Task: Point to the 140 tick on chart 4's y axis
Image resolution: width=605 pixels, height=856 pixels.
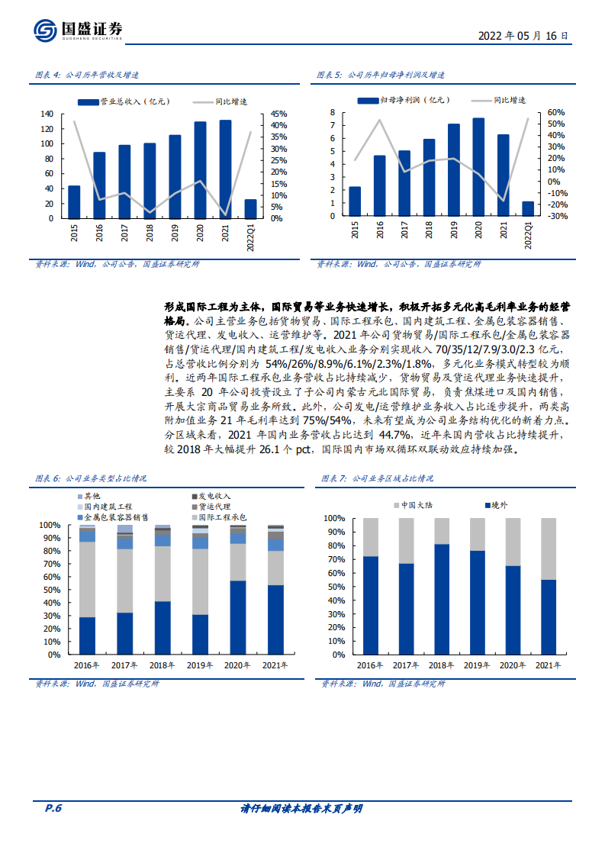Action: tap(47, 113)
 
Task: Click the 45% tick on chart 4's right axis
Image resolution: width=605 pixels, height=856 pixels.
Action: tap(278, 113)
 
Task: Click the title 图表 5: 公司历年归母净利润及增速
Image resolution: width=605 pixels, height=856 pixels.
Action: tap(381, 76)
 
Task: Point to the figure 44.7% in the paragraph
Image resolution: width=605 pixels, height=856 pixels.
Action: tap(351, 435)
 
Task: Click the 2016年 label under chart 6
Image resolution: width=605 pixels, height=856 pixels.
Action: tap(87, 665)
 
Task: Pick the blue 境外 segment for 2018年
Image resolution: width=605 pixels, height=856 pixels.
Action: tap(441, 599)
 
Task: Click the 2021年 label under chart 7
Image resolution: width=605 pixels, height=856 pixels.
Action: tap(548, 665)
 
